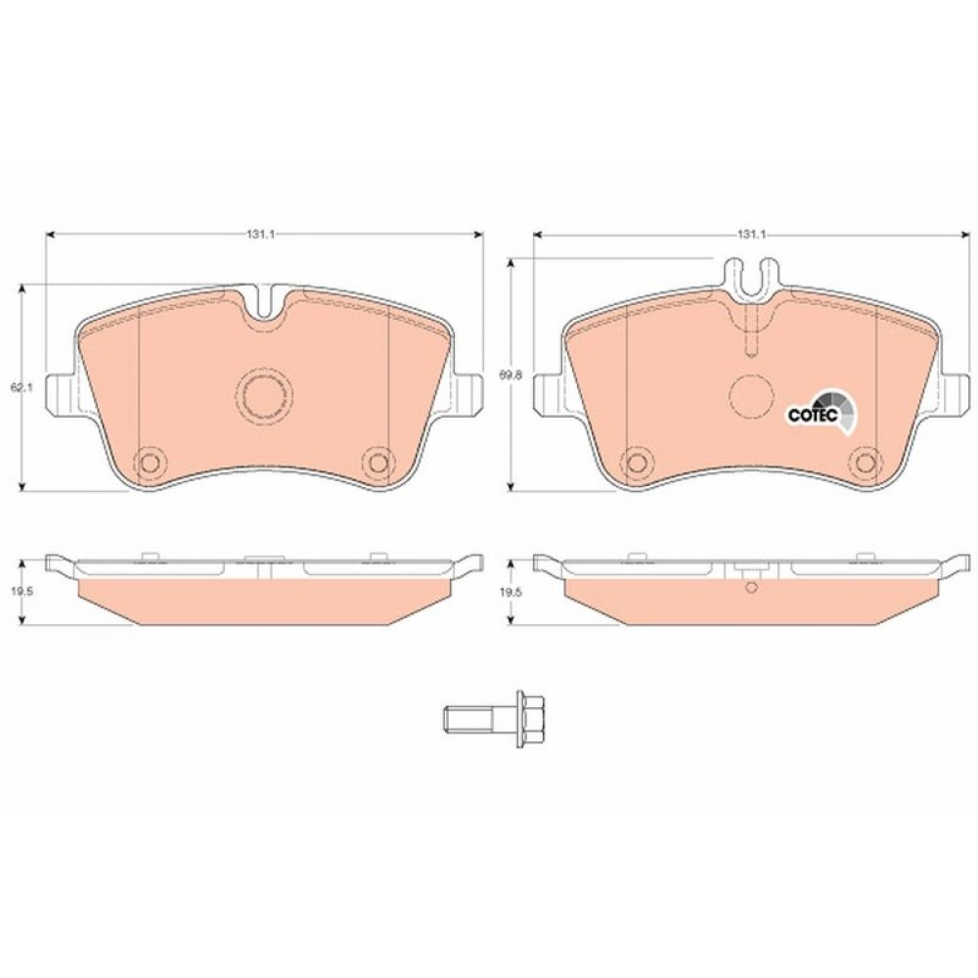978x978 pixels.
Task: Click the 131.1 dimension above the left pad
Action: tap(261, 234)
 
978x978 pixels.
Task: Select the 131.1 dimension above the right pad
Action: tap(751, 234)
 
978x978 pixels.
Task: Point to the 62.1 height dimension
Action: tap(22, 387)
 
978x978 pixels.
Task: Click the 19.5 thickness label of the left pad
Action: tap(22, 594)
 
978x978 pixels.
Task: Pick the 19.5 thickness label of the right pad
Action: tap(510, 594)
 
